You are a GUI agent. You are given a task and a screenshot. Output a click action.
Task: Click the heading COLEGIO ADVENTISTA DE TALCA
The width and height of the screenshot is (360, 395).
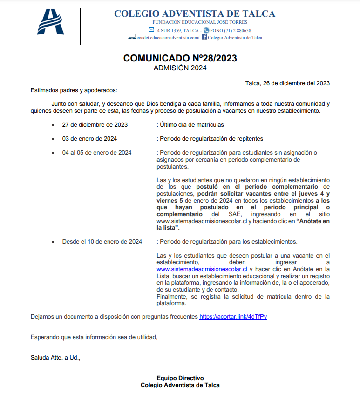pos(194,14)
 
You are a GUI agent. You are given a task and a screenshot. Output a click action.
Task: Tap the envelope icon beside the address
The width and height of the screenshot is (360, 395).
pos(151,30)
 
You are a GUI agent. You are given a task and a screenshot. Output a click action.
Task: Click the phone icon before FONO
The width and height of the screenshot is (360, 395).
pos(207,30)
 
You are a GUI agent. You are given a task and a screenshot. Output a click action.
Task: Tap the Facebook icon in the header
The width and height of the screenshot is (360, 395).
pos(204,37)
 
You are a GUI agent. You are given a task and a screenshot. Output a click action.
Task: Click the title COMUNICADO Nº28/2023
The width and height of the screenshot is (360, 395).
pos(180,58)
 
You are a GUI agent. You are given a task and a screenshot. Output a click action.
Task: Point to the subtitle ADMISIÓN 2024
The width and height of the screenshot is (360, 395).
pos(180,68)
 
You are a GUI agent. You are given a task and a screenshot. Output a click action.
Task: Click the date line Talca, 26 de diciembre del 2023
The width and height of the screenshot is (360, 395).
pos(287,83)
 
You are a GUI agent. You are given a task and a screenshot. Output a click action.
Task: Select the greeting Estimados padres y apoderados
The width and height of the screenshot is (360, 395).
pos(74,90)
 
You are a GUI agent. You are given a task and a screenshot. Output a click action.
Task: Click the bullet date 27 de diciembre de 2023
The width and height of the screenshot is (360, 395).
pos(95,125)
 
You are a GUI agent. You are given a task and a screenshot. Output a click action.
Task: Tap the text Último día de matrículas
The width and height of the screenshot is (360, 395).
pos(191,125)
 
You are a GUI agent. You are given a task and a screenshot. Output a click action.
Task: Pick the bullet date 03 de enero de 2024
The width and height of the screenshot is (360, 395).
pos(89,139)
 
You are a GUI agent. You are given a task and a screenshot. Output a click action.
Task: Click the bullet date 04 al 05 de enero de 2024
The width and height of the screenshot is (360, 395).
pos(97,153)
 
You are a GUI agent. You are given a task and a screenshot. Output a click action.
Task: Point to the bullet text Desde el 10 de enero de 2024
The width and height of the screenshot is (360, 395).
pos(102,242)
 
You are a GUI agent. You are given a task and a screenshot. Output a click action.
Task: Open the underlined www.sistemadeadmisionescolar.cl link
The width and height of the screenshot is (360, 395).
pos(202,269)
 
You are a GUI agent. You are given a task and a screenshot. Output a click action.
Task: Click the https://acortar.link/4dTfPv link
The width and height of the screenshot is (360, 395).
pos(233,317)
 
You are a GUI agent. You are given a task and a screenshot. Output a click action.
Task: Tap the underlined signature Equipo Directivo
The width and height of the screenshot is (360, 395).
pos(180,378)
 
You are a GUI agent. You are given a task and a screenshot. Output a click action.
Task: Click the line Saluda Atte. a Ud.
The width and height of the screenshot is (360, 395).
pos(55,358)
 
